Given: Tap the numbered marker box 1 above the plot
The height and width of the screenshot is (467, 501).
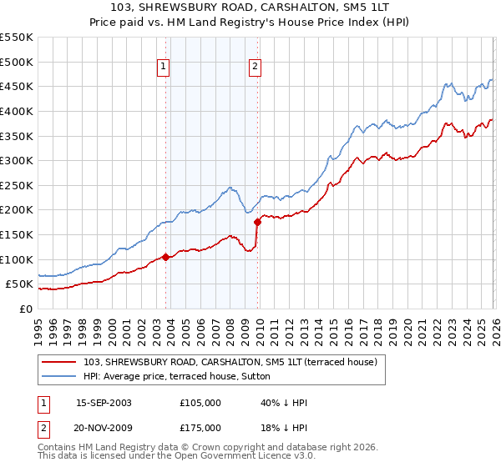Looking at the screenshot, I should click(x=164, y=68).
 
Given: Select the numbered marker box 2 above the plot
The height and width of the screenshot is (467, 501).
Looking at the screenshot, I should click(x=255, y=68).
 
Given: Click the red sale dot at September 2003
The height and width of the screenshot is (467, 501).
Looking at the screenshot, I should click(x=165, y=257).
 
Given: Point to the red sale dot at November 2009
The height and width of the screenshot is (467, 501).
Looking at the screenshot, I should click(x=257, y=222).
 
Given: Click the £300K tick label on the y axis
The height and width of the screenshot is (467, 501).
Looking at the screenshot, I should click(x=16, y=160).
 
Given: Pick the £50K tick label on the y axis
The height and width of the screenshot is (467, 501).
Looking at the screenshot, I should click(x=19, y=284).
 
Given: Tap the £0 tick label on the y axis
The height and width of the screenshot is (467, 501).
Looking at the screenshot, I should click(x=25, y=309).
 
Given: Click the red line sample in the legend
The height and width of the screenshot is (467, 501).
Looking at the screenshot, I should click(x=59, y=362).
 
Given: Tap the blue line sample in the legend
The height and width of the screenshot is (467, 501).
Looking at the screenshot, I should click(x=59, y=375).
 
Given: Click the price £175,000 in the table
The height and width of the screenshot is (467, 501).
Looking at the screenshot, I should click(x=200, y=428).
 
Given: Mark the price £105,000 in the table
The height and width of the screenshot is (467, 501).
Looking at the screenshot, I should click(x=200, y=403).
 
